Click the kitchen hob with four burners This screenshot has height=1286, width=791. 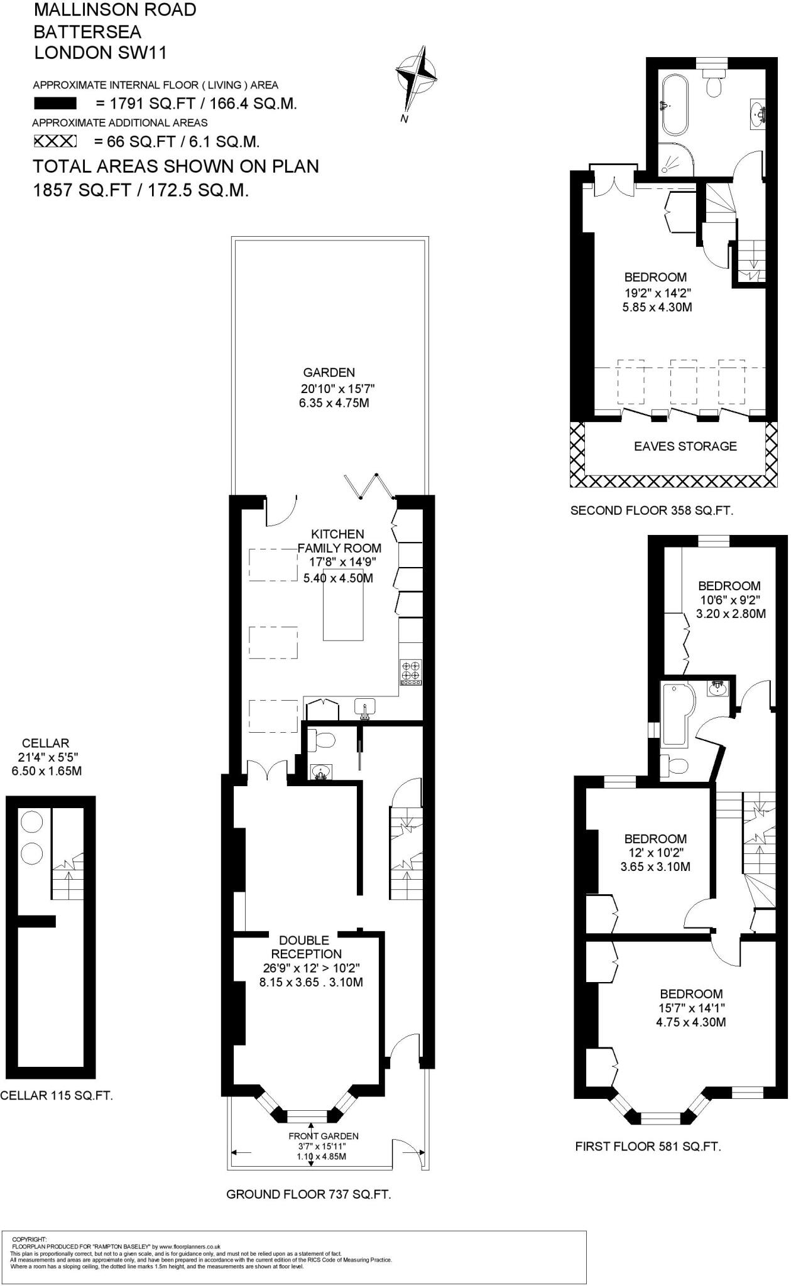411,672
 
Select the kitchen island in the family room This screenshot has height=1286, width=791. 343,603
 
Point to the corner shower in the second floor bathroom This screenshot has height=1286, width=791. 675,159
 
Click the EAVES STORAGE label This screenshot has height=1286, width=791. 685,446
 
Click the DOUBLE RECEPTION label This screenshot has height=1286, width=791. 303,947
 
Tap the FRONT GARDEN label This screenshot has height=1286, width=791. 323,1136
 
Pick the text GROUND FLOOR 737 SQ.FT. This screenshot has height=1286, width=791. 308,1194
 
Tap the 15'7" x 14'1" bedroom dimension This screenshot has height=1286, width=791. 691,1008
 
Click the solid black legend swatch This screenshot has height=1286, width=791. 55,104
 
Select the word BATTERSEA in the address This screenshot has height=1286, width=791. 87,31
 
